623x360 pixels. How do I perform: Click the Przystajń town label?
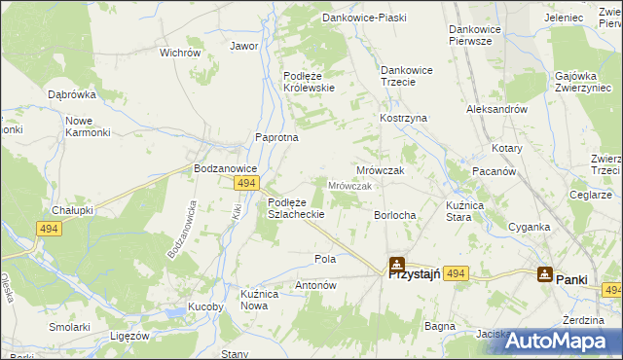[x=416, y=275]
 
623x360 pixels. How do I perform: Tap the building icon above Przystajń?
[x=396, y=263]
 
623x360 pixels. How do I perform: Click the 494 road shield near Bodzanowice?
[x=246, y=183]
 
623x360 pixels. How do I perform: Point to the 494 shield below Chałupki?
[x=50, y=229]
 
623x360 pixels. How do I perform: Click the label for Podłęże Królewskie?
[x=309, y=81]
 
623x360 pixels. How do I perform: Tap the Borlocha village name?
[x=395, y=215]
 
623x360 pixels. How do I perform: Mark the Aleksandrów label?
[x=497, y=110]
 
